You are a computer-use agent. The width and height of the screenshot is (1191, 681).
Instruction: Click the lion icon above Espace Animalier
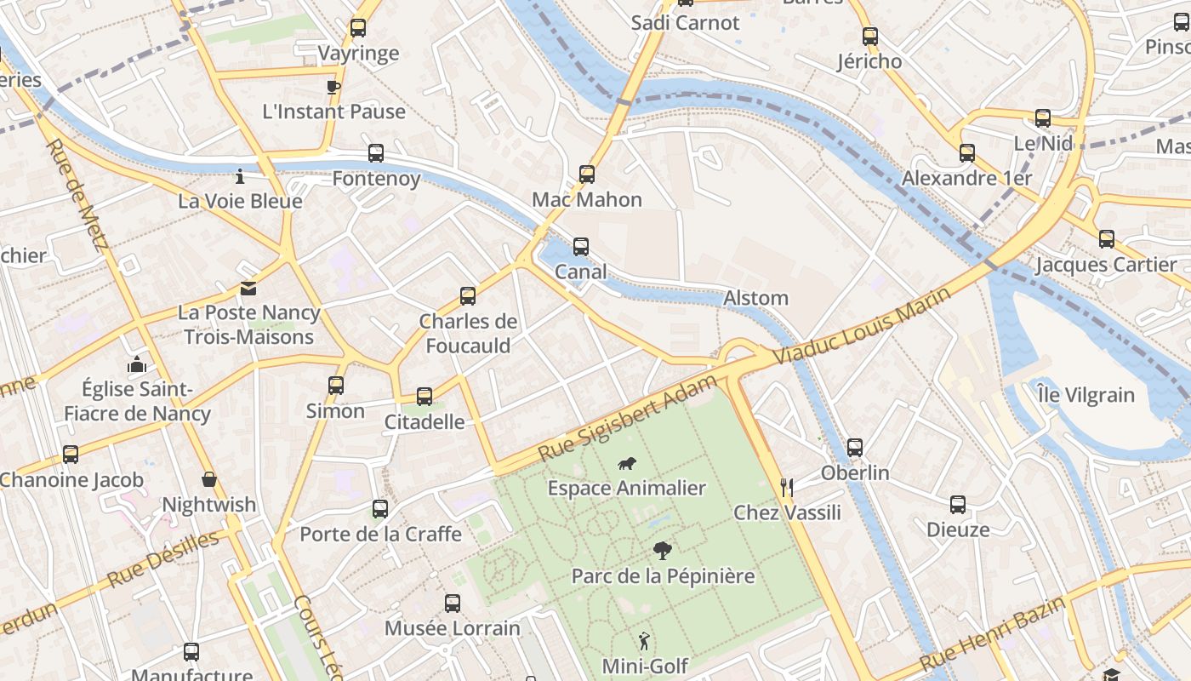click(x=627, y=464)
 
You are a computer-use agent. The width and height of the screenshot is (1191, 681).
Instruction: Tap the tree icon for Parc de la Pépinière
click(x=662, y=551)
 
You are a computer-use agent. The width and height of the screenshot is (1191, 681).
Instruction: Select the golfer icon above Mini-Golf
click(x=644, y=641)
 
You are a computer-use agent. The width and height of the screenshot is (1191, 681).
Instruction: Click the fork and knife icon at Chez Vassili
click(x=787, y=487)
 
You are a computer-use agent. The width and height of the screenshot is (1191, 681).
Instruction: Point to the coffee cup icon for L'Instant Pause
click(x=333, y=86)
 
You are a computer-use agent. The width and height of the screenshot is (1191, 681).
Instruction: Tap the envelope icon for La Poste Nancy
click(x=248, y=289)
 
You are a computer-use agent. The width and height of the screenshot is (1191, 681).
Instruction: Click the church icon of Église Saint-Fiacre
click(x=136, y=365)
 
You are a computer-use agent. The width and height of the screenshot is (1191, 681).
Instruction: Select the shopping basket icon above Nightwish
click(x=209, y=480)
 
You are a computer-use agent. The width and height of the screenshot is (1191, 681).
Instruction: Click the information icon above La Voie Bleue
click(x=240, y=177)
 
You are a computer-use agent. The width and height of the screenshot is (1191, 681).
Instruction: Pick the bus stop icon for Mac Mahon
click(x=587, y=175)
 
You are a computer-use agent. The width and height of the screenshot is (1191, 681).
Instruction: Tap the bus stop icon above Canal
click(x=581, y=247)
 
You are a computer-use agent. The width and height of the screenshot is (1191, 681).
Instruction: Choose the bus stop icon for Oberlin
click(x=855, y=448)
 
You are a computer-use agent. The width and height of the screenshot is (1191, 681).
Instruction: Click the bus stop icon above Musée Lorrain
click(x=453, y=604)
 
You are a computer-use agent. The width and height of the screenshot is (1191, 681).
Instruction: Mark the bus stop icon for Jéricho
click(x=869, y=37)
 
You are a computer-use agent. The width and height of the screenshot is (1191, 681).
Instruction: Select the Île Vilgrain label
click(x=1086, y=395)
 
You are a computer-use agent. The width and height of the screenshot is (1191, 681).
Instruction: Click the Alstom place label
click(x=755, y=298)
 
